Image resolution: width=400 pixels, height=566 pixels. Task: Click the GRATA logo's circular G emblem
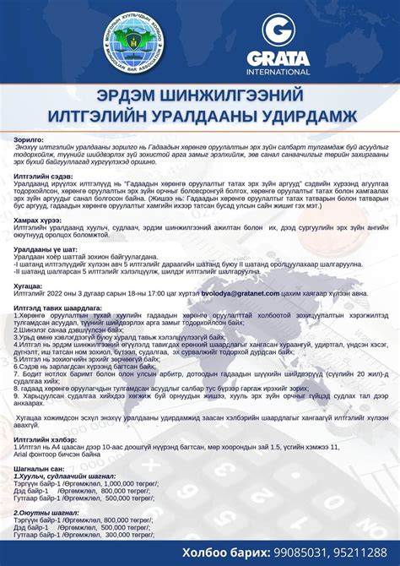click(x=276, y=32)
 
